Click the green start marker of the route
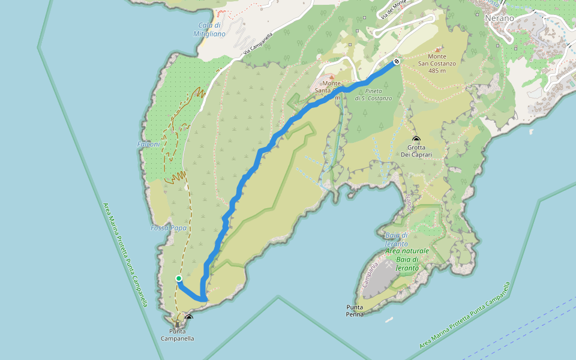178,278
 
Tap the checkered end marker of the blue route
397,61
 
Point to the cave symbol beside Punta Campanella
189,317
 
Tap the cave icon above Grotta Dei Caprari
416,139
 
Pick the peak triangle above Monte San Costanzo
437,50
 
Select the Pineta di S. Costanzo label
373,94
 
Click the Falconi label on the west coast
148,144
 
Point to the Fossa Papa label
169,228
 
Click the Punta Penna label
355,310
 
